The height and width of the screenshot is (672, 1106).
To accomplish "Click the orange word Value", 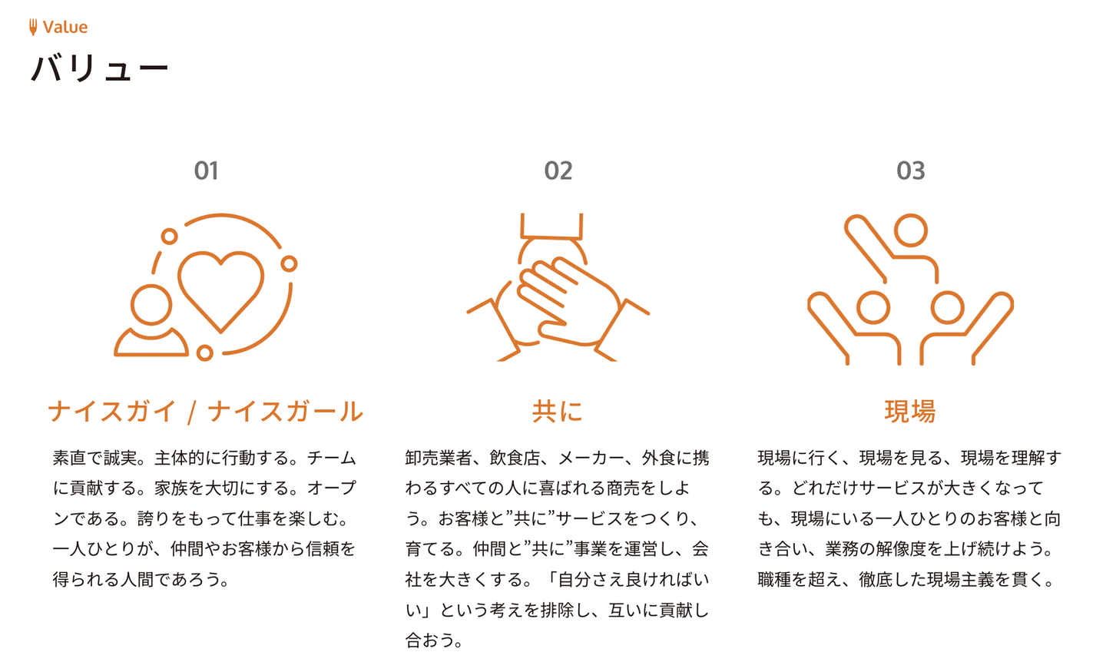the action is (65, 27).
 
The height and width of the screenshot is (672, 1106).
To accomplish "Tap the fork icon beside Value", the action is (33, 27).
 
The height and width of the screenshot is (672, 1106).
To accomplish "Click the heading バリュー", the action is (100, 68).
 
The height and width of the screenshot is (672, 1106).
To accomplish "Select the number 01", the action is (206, 170).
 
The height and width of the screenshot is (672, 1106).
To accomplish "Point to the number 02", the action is (558, 170).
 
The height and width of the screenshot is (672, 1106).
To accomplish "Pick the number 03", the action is (910, 170).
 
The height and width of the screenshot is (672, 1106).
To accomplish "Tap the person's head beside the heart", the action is (151, 305).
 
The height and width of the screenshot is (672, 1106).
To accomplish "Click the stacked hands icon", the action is (558, 287).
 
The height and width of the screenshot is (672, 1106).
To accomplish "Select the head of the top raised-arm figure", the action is (910, 230).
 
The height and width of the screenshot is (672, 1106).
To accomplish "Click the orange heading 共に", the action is (558, 412).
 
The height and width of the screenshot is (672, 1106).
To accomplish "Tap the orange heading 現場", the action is (910, 412).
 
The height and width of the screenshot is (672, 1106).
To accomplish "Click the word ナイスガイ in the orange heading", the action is (112, 412).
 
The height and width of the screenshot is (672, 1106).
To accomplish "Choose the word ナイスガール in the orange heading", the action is (286, 412).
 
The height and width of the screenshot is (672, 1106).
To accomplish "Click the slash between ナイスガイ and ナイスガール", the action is (192, 412).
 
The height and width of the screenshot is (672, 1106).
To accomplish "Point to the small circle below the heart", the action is (204, 353).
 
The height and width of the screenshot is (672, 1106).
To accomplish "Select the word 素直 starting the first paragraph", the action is (69, 458).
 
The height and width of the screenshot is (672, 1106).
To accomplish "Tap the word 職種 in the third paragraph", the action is (774, 579).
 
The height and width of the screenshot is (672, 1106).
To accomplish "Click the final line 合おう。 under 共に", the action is (434, 641).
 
